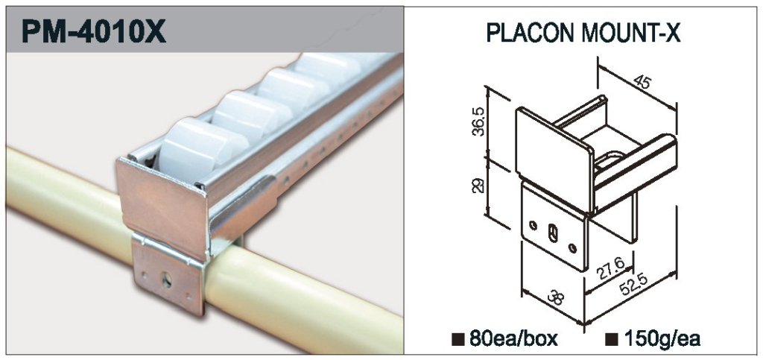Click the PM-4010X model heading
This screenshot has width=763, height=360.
click(94, 31)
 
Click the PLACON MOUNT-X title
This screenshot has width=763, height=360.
click(583, 34)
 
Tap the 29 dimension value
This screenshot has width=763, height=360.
click(479, 186)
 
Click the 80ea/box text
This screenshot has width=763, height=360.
click(513, 338)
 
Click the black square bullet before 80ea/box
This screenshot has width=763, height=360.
click(458, 339)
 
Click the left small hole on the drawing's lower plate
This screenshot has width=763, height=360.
click(534, 225)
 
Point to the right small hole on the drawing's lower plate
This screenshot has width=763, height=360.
click(573, 248)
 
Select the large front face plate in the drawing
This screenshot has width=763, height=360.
click(554, 158)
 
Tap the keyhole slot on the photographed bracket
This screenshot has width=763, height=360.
click(167, 280)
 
